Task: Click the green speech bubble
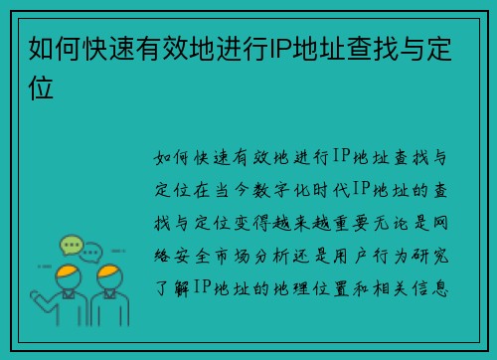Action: click(x=72, y=244)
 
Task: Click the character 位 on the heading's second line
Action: click(x=41, y=87)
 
